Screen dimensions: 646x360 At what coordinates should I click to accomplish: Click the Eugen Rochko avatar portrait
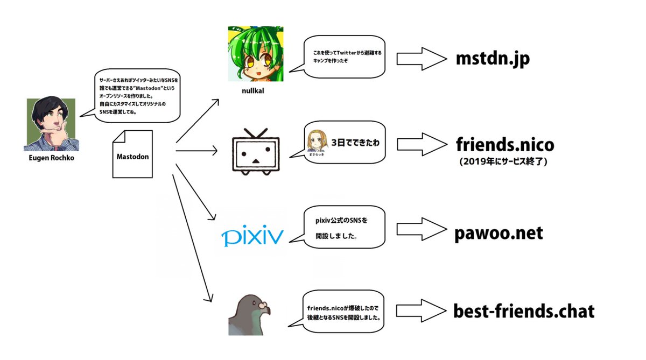51,124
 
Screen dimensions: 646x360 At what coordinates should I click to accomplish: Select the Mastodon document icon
132,154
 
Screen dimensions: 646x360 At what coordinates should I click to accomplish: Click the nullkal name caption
253,91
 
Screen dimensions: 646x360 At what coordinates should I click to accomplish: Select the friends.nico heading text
504,145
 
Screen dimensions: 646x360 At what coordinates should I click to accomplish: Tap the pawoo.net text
498,233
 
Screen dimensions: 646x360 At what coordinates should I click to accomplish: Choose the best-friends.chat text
524,311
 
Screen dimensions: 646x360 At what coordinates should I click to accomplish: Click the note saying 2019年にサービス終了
505,162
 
